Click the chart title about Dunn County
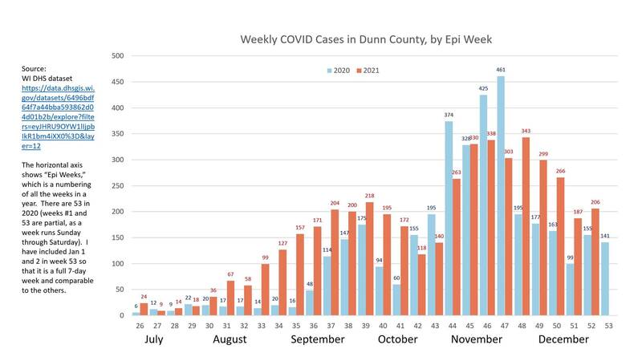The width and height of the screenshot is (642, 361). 366,39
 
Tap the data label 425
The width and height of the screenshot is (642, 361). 483,88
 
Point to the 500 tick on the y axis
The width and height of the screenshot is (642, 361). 117,56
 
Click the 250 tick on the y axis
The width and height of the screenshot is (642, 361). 117,186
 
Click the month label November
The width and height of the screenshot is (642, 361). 477,340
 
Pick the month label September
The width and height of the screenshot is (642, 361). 317,340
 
